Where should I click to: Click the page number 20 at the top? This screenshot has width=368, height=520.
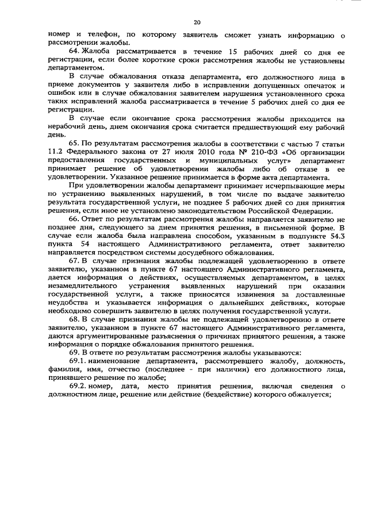[x=197, y=22]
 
